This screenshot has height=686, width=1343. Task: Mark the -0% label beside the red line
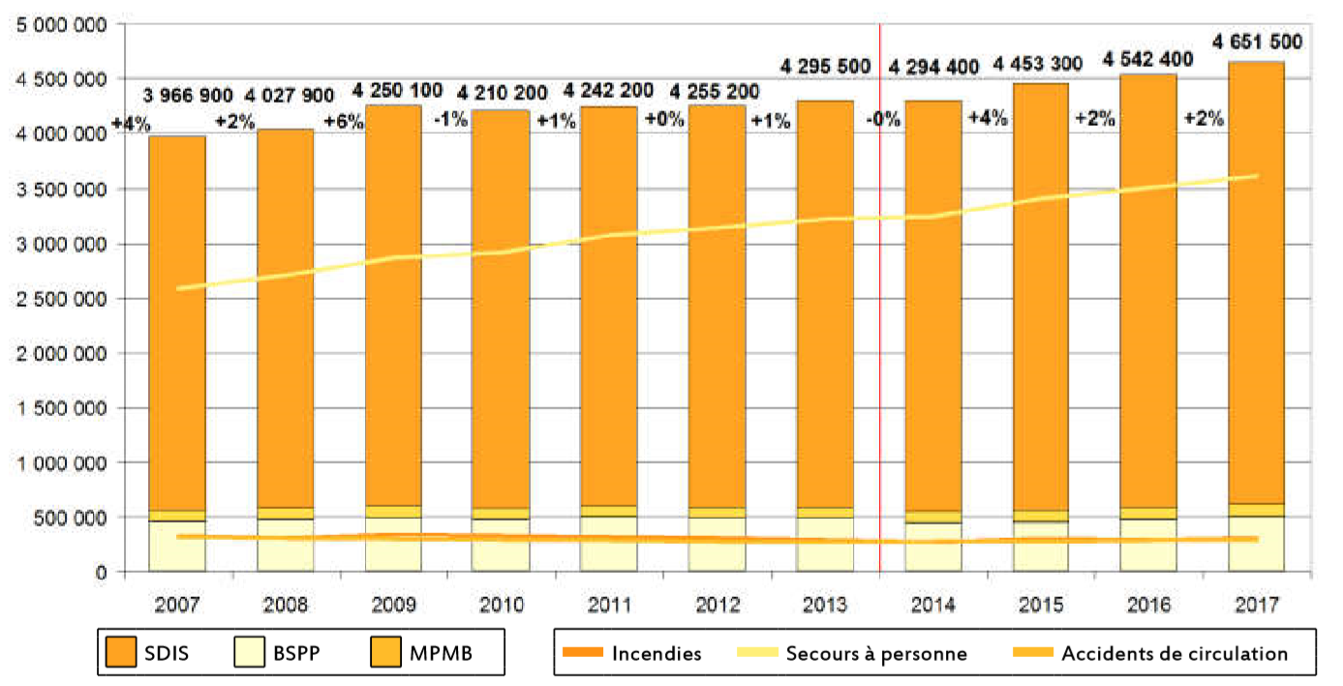coord(883,120)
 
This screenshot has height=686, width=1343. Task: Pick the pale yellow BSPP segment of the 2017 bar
coord(1256,543)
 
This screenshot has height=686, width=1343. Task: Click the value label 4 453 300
coord(1041,68)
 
